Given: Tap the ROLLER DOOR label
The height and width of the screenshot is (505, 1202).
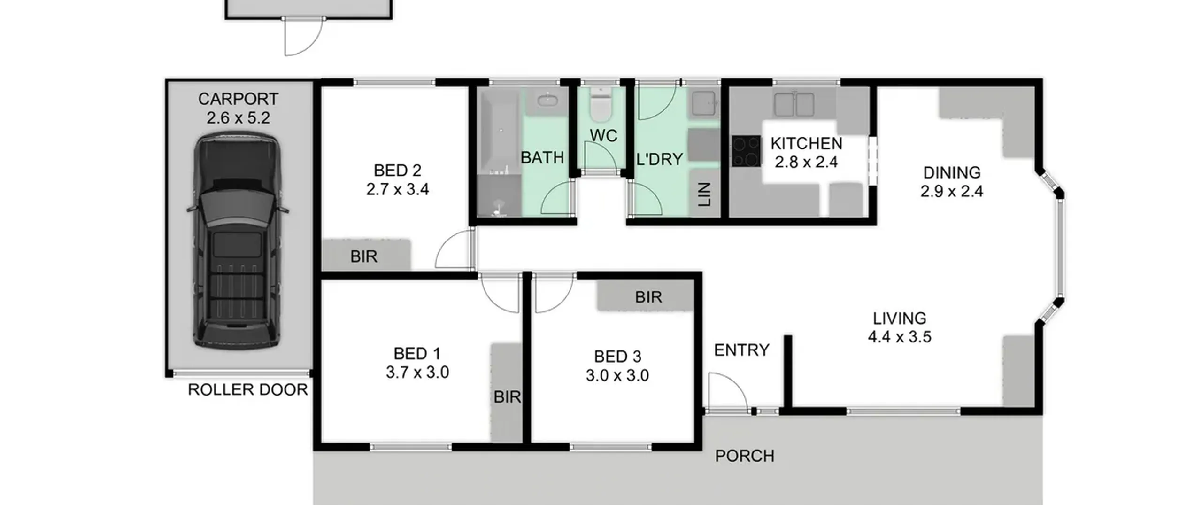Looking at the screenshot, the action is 247,389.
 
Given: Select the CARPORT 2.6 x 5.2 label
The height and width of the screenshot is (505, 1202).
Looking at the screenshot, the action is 238,108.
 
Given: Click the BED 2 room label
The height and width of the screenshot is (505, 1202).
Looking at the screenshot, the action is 397,170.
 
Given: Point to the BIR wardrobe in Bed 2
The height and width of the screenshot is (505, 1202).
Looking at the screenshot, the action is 366,255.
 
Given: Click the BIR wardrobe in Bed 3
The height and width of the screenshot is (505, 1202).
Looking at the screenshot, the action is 646,295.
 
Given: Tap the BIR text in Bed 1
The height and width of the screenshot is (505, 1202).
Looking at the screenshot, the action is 507,397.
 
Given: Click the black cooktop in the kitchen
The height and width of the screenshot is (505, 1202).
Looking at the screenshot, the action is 747,151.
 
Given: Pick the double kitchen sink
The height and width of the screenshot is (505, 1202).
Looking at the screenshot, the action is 794,104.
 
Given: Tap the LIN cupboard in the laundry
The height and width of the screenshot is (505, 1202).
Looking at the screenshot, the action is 705,194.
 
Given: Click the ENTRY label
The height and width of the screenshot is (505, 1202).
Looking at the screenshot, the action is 741,350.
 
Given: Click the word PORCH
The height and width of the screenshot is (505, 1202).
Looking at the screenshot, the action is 745,456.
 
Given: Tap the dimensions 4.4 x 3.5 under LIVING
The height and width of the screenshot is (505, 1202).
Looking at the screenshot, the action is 899,337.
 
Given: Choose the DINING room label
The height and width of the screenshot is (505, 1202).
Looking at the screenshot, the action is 952,172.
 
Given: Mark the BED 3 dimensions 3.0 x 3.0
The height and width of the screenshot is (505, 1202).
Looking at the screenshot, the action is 617,375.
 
